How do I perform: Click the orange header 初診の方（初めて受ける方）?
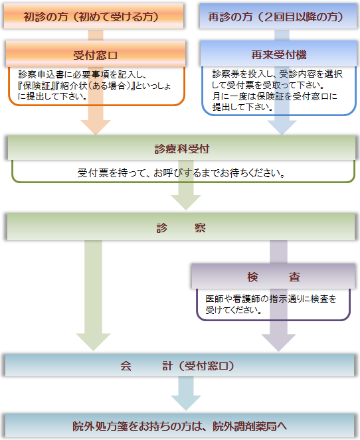pos(94,16)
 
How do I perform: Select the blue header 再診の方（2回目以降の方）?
pos(278,16)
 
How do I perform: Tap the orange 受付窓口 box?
pos(96,54)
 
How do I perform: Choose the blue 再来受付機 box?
pos(278,53)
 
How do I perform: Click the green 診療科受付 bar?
pos(181,148)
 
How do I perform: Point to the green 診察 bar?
pos(181,227)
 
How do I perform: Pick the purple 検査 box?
pos(273,276)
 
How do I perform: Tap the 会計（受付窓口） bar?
pos(180,365)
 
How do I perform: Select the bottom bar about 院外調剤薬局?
pos(180,425)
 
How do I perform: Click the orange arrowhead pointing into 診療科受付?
pos(96,127)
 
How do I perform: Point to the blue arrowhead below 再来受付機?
pos(282,127)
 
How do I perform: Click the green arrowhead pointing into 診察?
pos(186,202)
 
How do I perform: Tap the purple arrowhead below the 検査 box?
pos(278,342)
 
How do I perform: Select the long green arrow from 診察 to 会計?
pos(93,295)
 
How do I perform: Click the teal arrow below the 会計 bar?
pos(186,394)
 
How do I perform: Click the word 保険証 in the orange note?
pos(37,86)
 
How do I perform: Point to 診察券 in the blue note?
pos(225,74)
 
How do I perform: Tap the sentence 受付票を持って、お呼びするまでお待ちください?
pos(181,173)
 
